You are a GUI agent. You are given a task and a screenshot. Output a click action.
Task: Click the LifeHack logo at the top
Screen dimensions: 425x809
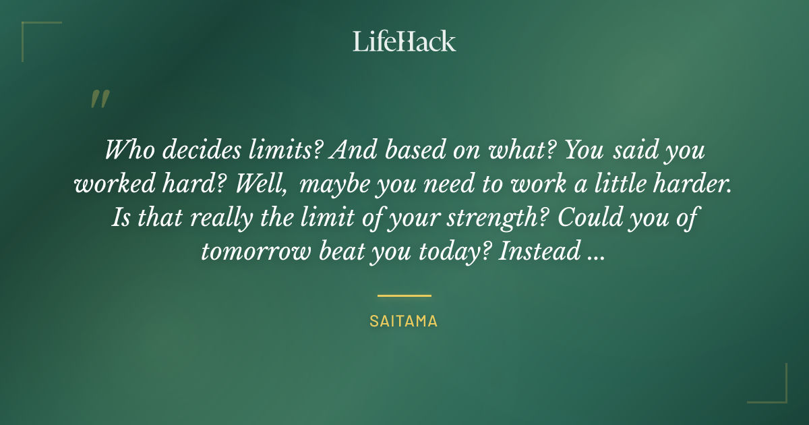click(x=404, y=41)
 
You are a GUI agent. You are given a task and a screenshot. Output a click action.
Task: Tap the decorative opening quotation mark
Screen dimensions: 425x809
click(x=100, y=99)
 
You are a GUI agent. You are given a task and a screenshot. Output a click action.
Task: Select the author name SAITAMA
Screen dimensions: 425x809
click(x=404, y=322)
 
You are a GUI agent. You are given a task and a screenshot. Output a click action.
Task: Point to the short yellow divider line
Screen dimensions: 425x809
click(x=404, y=295)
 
